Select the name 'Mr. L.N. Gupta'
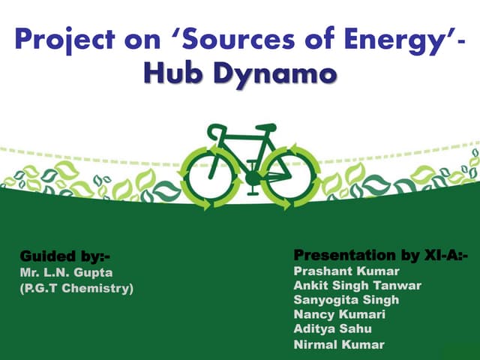pyautogui.click(x=66, y=272)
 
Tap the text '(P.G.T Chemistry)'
pyautogui.click(x=76, y=287)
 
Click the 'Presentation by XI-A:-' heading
pyautogui.click(x=381, y=256)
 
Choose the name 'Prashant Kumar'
pyautogui.click(x=346, y=271)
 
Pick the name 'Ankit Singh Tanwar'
pyautogui.click(x=358, y=285)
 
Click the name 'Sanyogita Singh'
pyautogui.click(x=346, y=299)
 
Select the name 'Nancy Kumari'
pyautogui.click(x=339, y=314)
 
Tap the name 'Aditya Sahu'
pyautogui.click(x=332, y=328)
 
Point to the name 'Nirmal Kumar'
pyautogui.click(x=339, y=344)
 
